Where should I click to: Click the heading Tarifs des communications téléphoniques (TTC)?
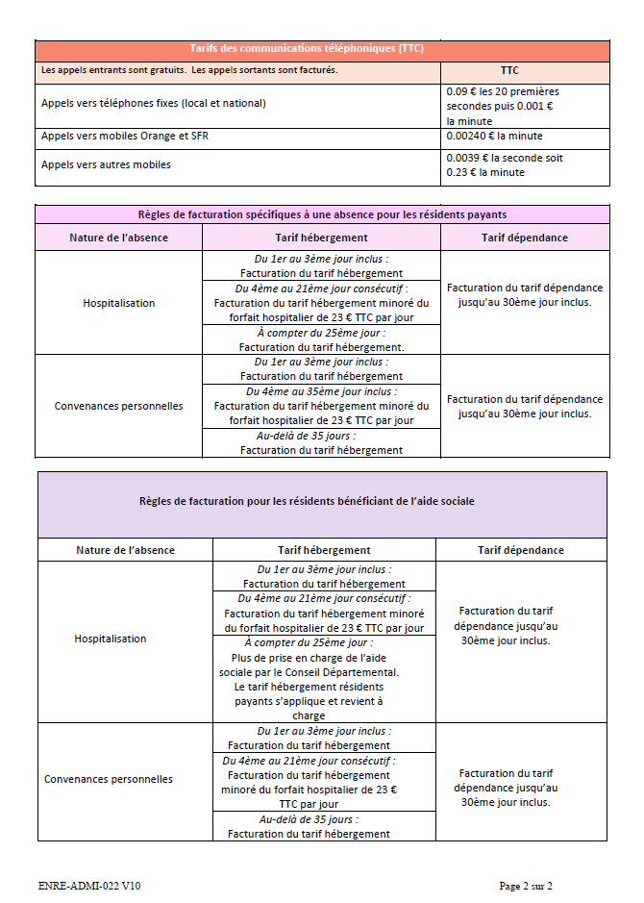(x=321, y=49)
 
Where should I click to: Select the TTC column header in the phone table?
(x=509, y=71)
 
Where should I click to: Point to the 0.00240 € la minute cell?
(x=495, y=137)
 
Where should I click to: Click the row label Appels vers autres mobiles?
(x=106, y=164)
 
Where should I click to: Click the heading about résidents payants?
(x=322, y=215)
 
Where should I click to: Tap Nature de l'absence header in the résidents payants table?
(x=118, y=238)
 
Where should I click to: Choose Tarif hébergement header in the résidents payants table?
(x=321, y=238)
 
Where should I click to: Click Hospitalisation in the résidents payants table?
(x=118, y=303)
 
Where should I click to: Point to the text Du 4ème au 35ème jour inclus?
(x=321, y=391)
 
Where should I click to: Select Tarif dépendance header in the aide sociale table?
(x=521, y=550)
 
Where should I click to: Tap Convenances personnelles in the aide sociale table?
(x=109, y=779)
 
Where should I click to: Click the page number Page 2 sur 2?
(x=526, y=886)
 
